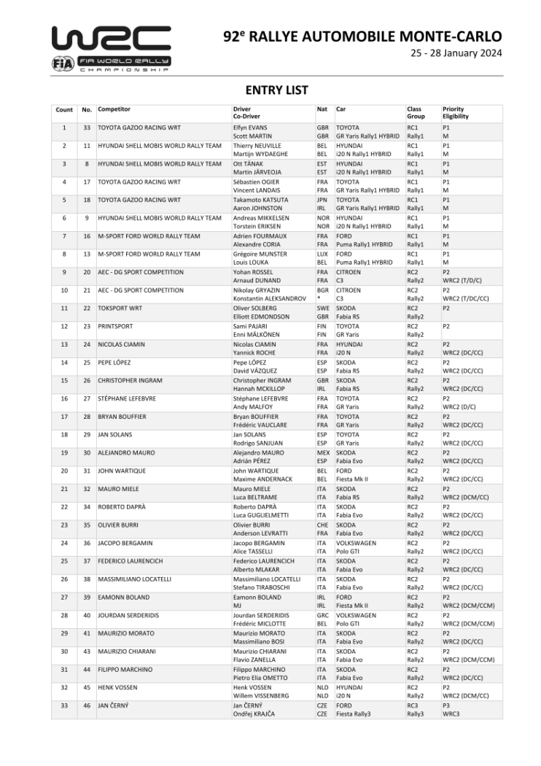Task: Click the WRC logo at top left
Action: [110, 48]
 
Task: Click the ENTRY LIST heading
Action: [276, 90]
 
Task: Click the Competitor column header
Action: [114, 109]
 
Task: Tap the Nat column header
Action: [322, 109]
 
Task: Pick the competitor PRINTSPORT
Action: [116, 326]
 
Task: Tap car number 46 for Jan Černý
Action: [87, 705]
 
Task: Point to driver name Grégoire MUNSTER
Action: [260, 254]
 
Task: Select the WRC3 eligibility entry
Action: [451, 714]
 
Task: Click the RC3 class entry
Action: [413, 705]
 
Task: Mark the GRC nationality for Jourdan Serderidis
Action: [322, 615]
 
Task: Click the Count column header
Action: [64, 109]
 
